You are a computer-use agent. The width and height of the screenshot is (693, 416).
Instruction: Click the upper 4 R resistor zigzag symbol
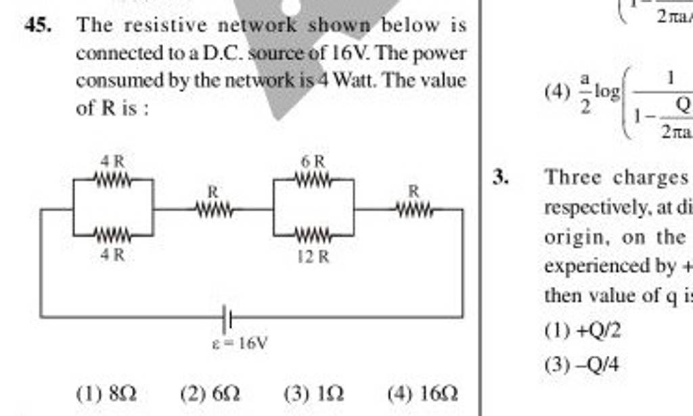[112, 181]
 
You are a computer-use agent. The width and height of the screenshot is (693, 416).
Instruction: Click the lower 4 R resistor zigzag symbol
[112, 236]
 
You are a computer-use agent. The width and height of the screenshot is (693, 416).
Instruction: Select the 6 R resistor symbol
[313, 181]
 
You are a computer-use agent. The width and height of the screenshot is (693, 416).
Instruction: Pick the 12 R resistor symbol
[313, 236]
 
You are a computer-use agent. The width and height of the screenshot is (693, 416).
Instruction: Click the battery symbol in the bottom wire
[228, 316]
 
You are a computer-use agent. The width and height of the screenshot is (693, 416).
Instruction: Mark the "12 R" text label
[313, 256]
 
